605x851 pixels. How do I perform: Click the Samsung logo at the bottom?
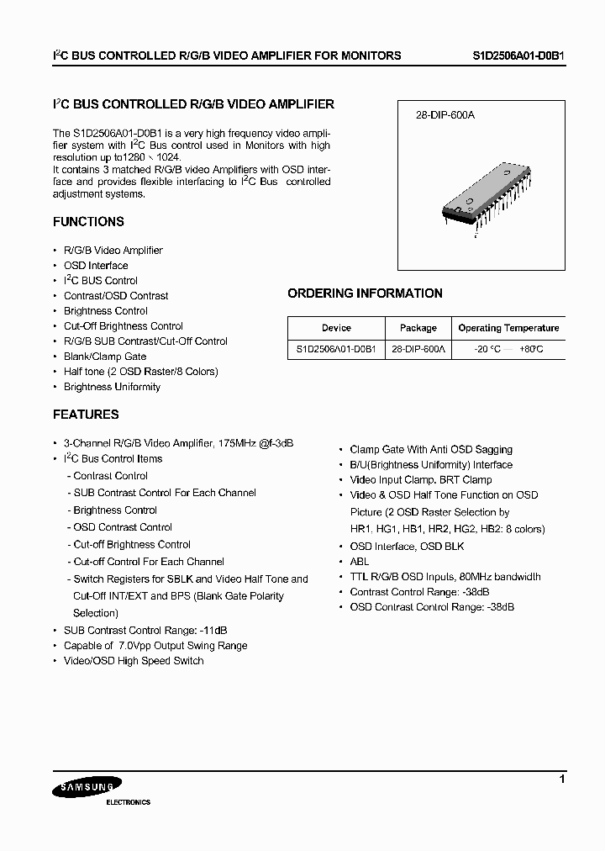click(x=82, y=788)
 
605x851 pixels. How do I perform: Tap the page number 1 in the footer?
click(x=562, y=780)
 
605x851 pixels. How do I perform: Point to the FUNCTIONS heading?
click(x=88, y=222)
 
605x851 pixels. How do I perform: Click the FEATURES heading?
click(x=86, y=415)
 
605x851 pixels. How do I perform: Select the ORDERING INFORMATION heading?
click(x=365, y=293)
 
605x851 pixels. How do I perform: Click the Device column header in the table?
click(x=336, y=328)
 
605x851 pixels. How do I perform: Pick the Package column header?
click(x=418, y=328)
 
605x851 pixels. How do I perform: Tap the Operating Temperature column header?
click(x=508, y=328)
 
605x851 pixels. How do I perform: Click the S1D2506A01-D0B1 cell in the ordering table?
click(x=336, y=349)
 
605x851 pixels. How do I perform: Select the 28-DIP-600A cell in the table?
click(x=418, y=349)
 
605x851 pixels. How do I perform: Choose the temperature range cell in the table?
click(x=508, y=349)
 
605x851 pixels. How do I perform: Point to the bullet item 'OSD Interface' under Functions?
click(x=96, y=266)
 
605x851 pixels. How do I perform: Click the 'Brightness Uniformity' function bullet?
click(x=112, y=387)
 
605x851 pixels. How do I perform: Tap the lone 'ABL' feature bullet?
click(x=360, y=562)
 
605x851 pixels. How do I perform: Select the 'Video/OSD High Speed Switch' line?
click(x=134, y=661)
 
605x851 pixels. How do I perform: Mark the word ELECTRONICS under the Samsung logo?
click(x=128, y=802)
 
